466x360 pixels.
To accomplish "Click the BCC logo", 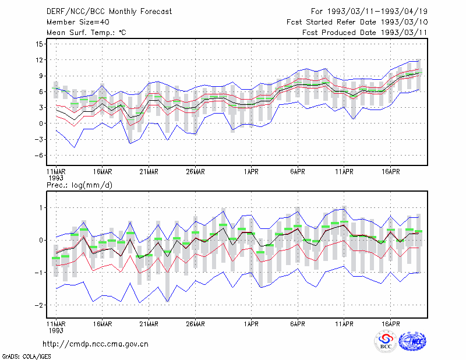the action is pyautogui.click(x=386, y=341).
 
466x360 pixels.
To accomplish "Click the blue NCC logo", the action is pyautogui.click(x=412, y=341).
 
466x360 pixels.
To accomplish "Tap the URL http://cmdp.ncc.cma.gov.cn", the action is pyautogui.click(x=96, y=344).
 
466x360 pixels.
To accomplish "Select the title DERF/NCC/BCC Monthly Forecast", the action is pyautogui.click(x=109, y=12).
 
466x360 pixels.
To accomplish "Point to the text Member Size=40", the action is pyautogui.click(x=78, y=22).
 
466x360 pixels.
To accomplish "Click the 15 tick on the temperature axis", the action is pyautogui.click(x=39, y=44).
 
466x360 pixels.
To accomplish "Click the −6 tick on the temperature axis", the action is pyautogui.click(x=38, y=155).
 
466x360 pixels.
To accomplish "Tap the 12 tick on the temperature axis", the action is pyautogui.click(x=39, y=60).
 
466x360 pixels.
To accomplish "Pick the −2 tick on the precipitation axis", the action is pyautogui.click(x=38, y=305).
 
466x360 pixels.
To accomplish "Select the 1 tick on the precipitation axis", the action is pyautogui.click(x=41, y=207).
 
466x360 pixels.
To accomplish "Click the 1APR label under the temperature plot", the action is pyautogui.click(x=251, y=172).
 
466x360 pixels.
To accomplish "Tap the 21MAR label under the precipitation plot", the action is pyautogui.click(x=149, y=324).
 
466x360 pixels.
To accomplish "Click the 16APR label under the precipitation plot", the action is pyautogui.click(x=390, y=324).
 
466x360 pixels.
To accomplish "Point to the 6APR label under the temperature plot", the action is pyautogui.click(x=298, y=172).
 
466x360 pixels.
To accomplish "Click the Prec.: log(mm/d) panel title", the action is pyautogui.click(x=79, y=185).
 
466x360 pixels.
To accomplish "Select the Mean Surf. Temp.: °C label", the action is pyautogui.click(x=86, y=33).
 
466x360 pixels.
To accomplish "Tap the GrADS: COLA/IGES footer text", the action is pyautogui.click(x=26, y=357).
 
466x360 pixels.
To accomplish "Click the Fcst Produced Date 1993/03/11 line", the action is pyautogui.click(x=365, y=33).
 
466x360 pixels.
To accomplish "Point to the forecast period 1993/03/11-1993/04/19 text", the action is pyautogui.click(x=377, y=12).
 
